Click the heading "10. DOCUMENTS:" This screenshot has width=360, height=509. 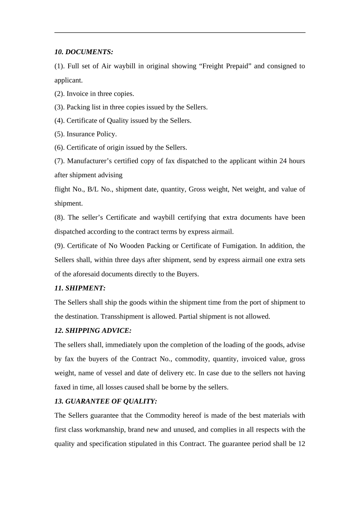tap(84, 52)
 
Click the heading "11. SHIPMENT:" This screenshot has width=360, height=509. tap(80, 288)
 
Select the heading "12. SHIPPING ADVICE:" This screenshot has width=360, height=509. tap(93, 331)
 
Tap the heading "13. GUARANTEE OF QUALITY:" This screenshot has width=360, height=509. tap(106, 401)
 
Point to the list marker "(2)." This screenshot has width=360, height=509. tap(59, 94)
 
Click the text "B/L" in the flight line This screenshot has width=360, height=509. tap(92, 189)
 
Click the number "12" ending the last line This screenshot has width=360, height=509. tap(301, 444)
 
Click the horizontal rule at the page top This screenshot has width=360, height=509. tap(180, 33)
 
